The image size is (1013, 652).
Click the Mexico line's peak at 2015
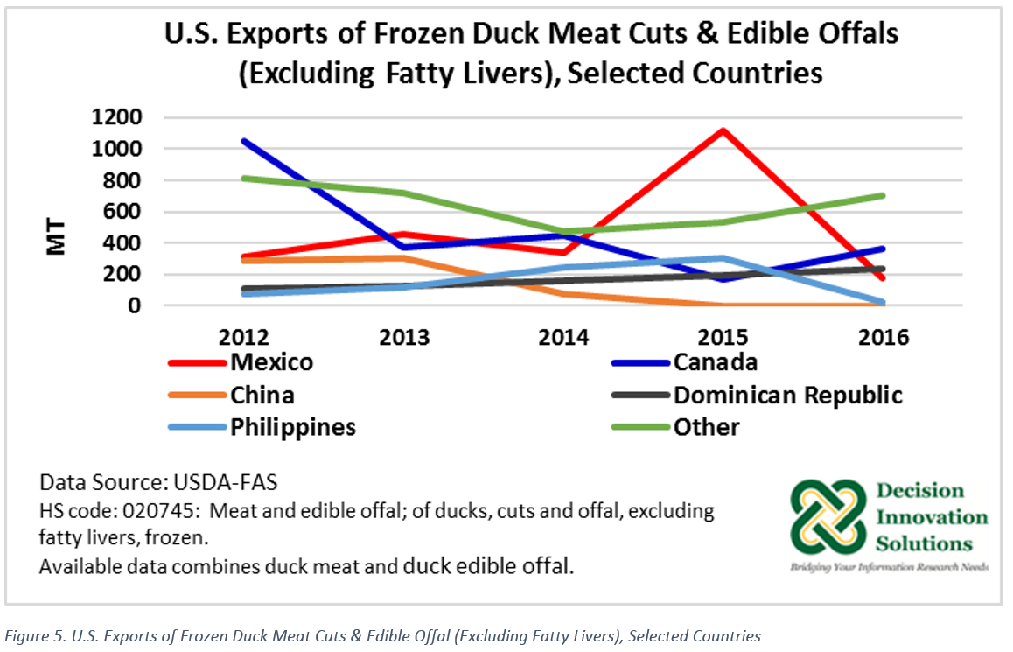tap(723, 130)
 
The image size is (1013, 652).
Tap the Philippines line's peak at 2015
tap(723, 258)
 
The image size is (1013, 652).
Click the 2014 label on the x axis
tap(565, 337)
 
